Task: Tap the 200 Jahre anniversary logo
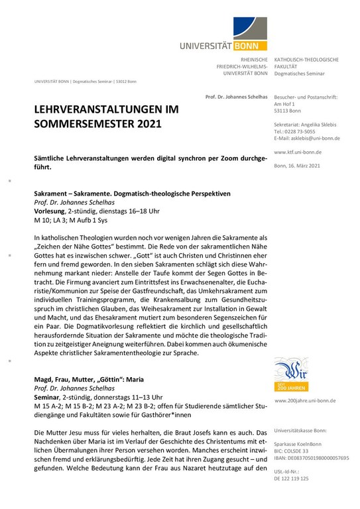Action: click(290, 374)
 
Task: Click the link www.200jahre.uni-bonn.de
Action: click(306, 401)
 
